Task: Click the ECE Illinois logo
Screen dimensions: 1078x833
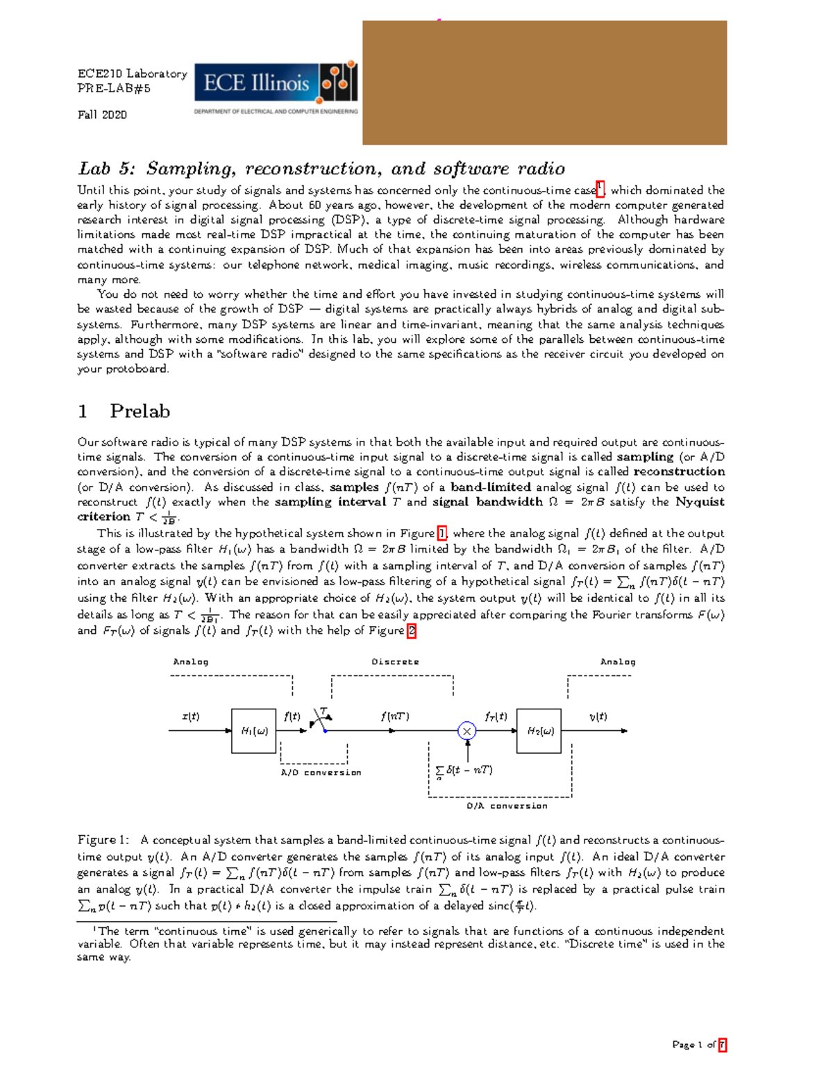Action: [x=276, y=87]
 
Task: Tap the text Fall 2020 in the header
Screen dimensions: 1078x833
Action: [x=102, y=115]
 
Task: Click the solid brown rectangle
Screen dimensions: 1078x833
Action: [x=544, y=83]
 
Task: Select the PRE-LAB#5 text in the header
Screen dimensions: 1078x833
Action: [x=114, y=88]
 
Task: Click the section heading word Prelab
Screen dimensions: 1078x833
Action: [x=140, y=411]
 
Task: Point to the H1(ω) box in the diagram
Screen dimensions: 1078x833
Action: [x=254, y=731]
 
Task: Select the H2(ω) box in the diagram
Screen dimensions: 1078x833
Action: [x=539, y=731]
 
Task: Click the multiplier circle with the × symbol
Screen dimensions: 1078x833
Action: [x=467, y=731]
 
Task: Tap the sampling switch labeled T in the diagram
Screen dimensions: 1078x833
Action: [x=321, y=720]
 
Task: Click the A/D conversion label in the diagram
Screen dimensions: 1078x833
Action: [x=321, y=773]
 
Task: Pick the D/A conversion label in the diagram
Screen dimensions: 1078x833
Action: [x=507, y=806]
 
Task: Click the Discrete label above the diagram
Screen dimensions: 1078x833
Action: [x=395, y=662]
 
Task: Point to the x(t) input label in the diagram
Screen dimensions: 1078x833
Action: [x=190, y=716]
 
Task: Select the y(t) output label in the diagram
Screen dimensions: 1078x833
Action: [x=598, y=716]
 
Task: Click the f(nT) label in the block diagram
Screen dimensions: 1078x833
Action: [x=394, y=716]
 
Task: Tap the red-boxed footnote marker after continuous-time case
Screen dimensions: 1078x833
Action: [x=601, y=189]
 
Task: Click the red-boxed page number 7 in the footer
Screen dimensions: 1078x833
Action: [x=722, y=1045]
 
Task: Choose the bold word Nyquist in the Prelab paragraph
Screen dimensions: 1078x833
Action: [x=700, y=502]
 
